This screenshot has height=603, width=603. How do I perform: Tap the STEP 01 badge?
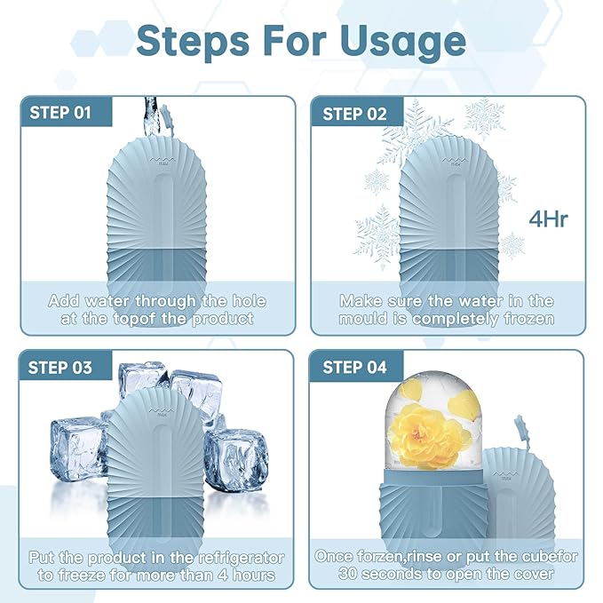(60, 113)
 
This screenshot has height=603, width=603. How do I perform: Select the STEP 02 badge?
(354, 113)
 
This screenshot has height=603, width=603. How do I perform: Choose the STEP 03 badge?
(60, 367)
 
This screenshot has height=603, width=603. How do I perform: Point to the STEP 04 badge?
(354, 367)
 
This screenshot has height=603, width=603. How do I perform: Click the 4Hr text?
(547, 218)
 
